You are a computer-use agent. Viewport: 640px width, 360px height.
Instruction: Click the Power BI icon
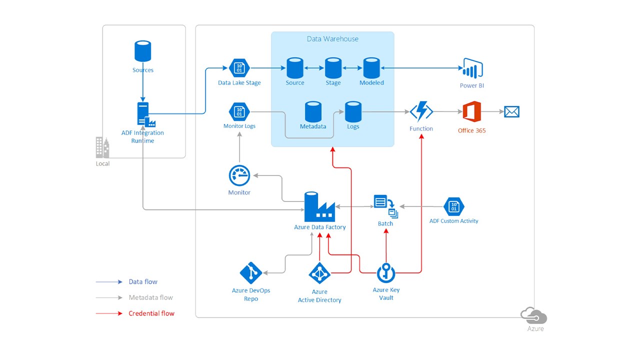(472, 68)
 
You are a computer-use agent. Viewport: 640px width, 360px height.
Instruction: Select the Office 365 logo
(471, 111)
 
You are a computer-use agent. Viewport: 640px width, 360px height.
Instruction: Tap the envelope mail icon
(511, 111)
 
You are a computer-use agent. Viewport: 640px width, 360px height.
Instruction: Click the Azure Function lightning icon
(421, 111)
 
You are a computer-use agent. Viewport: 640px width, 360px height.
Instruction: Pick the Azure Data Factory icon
(319, 206)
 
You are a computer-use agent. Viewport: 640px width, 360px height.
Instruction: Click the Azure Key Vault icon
(386, 272)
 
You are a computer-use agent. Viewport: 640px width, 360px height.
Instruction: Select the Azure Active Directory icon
(319, 273)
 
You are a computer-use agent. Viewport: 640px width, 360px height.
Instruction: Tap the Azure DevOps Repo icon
(251, 272)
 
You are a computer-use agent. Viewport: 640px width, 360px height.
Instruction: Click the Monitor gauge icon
(239, 175)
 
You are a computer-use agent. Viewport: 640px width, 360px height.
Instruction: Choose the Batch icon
(386, 206)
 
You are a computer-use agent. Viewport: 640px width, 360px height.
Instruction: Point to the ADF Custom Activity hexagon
(453, 206)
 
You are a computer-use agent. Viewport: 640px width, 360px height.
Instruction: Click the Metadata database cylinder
(313, 111)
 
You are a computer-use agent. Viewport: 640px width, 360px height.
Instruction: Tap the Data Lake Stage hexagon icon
(239, 67)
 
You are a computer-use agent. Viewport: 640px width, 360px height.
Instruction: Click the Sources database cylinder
(143, 51)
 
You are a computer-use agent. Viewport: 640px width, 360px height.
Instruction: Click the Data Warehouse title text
(332, 39)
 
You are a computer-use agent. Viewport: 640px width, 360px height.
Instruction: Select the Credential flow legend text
(151, 313)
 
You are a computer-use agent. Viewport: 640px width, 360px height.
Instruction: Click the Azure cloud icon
(534, 316)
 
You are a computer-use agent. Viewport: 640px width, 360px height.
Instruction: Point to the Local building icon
(102, 147)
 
